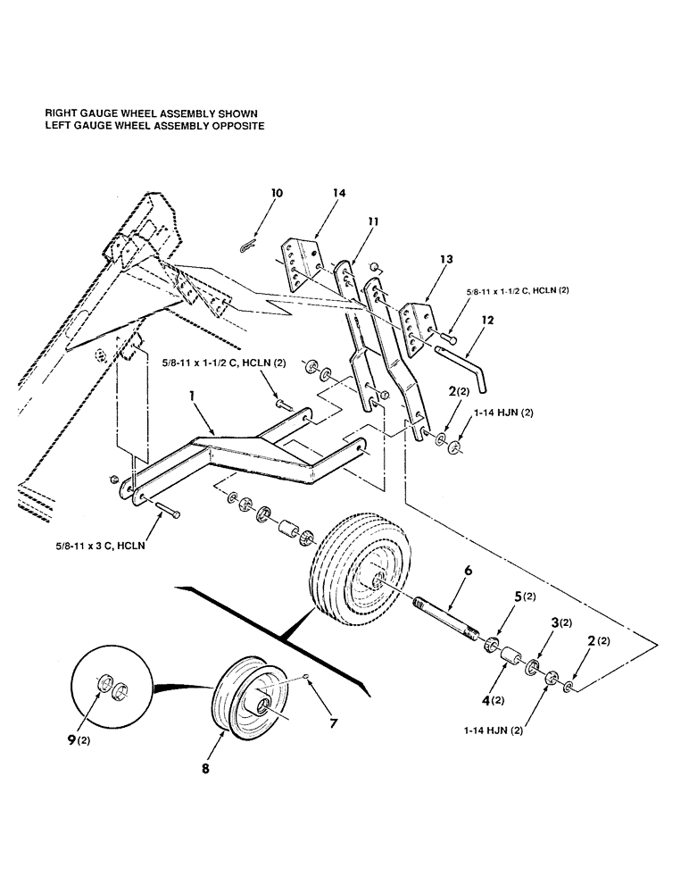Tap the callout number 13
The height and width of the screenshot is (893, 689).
tap(446, 259)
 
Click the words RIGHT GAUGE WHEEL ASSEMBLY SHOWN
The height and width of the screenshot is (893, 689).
tap(151, 114)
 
